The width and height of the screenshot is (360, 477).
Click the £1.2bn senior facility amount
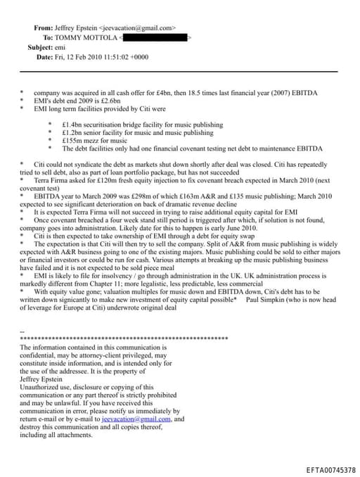tap(74, 132)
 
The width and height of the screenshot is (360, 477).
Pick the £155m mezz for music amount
tap(73, 140)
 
